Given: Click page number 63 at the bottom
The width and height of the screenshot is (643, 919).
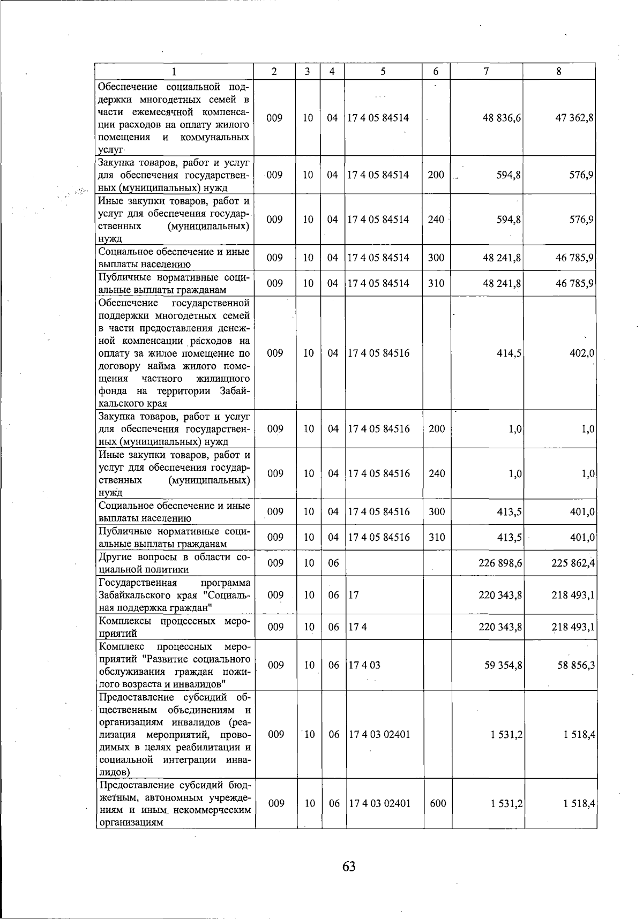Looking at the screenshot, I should pos(349,867).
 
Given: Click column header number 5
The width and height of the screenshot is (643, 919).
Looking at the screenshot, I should pos(383,72).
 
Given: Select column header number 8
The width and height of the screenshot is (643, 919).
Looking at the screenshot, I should pos(559,72).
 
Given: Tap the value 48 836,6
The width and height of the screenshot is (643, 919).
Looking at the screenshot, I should pos(502,118).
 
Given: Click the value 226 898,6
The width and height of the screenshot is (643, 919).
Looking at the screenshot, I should pos(500,563).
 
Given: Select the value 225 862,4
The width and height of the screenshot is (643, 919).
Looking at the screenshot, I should pos(573,563).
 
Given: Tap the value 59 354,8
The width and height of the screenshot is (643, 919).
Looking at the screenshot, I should pos(502,665).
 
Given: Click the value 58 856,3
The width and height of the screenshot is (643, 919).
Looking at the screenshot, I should pos(574,665).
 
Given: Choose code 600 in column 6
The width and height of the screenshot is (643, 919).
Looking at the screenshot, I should pos(438,804).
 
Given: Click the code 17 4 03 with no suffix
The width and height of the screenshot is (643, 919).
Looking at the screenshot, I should pos(364,665).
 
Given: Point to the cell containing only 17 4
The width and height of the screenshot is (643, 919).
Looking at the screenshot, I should pos(358,627).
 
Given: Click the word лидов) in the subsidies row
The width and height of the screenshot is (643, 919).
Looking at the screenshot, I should pos(115,772).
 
